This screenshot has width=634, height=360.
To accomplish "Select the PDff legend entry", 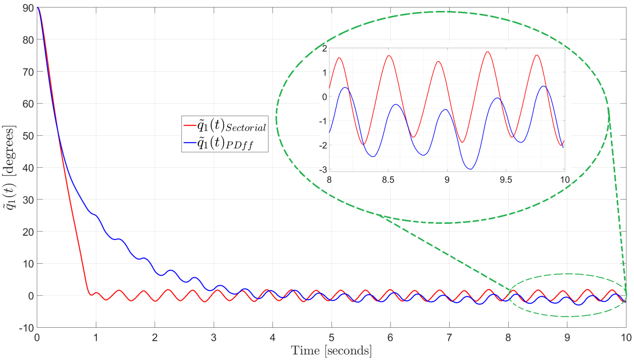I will pyautogui.click(x=225, y=143).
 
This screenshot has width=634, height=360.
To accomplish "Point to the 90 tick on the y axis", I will pyautogui.click(x=28, y=8).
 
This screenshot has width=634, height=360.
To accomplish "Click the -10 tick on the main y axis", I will pyautogui.click(x=26, y=328).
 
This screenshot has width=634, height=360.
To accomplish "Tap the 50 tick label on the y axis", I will pyautogui.click(x=28, y=136).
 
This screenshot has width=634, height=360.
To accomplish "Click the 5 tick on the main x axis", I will pyautogui.click(x=331, y=337).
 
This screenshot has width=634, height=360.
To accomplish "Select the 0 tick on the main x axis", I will pyautogui.click(x=37, y=337).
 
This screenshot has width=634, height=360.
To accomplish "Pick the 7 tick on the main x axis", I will pyautogui.click(x=449, y=337).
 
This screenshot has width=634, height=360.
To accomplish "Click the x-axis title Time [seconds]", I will pyautogui.click(x=331, y=350).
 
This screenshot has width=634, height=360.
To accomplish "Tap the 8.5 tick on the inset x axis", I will pyautogui.click(x=388, y=180).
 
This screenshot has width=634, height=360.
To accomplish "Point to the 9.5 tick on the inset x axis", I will pyautogui.click(x=506, y=180).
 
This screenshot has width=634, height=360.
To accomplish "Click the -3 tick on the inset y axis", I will pyautogui.click(x=323, y=170).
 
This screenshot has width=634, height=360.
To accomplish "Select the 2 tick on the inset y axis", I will pyautogui.click(x=324, y=49).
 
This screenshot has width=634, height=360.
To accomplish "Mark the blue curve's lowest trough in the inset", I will pyautogui.click(x=471, y=169).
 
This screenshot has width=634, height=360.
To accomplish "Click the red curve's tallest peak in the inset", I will pyautogui.click(x=487, y=52).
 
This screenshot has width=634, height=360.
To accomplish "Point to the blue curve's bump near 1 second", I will pyautogui.click(x=96, y=215).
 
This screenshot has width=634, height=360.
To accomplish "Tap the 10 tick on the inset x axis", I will pyautogui.click(x=564, y=180).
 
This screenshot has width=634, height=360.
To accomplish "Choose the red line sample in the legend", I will pyautogui.click(x=190, y=125).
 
